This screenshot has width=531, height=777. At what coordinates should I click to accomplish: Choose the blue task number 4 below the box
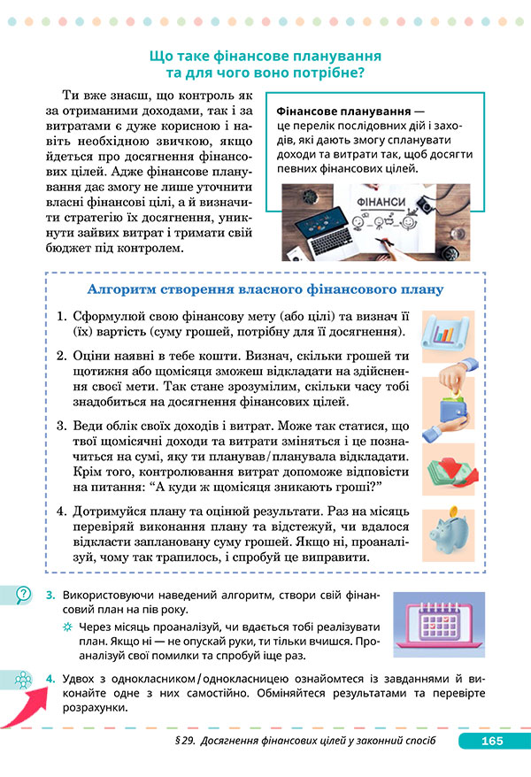click(50, 678)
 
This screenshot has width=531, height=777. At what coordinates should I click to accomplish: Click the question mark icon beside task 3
click(24, 596)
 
